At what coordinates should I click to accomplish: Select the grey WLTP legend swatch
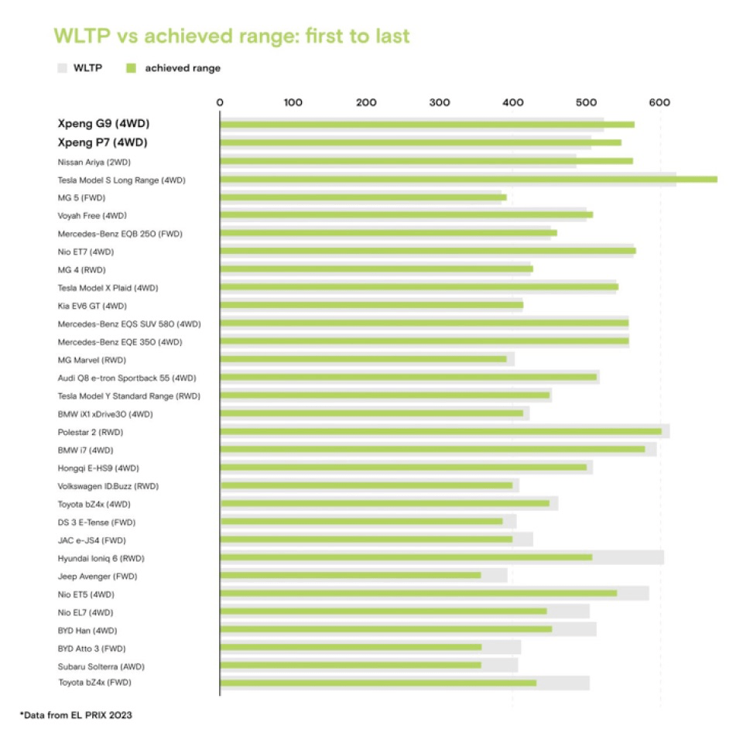click(x=63, y=68)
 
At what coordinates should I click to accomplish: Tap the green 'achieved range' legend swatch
click(x=131, y=68)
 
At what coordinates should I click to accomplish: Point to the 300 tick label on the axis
click(x=440, y=102)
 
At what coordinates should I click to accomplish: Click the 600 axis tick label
click(x=659, y=102)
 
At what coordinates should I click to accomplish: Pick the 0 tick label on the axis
click(x=221, y=102)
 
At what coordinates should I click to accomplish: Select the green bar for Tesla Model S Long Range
click(x=468, y=179)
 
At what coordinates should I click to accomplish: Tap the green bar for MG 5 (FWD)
click(x=363, y=197)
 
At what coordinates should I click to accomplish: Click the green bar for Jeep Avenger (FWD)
click(x=351, y=575)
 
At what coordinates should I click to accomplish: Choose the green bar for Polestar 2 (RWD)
click(x=441, y=431)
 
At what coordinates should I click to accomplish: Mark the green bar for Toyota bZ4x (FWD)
click(x=378, y=683)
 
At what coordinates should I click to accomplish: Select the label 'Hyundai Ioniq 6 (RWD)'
click(x=101, y=558)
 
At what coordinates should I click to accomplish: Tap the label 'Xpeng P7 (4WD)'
click(x=103, y=142)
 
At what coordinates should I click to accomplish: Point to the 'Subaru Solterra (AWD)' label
click(x=101, y=666)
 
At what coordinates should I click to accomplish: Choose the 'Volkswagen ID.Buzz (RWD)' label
click(x=108, y=486)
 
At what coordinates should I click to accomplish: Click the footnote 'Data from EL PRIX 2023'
click(x=76, y=715)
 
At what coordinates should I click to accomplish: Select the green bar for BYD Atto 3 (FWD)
click(x=351, y=647)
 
